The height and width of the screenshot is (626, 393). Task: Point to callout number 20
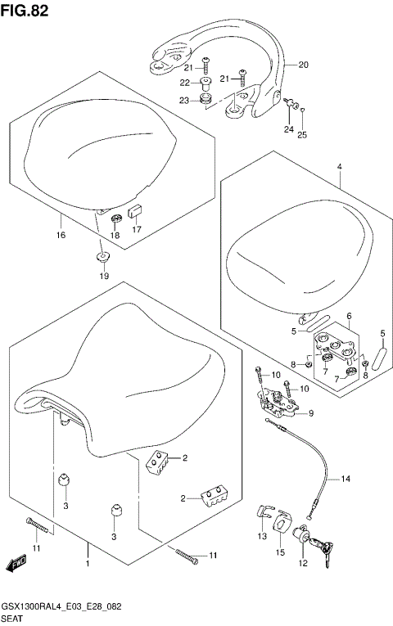tap(303, 65)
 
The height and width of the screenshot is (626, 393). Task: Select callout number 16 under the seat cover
tap(61, 220)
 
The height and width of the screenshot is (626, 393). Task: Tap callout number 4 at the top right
tap(337, 167)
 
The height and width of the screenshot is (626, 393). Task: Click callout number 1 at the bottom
tap(87, 563)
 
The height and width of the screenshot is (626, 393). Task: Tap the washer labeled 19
tap(103, 258)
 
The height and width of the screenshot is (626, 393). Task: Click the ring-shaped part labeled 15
tap(282, 523)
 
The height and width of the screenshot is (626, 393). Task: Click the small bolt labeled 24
tap(290, 103)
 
